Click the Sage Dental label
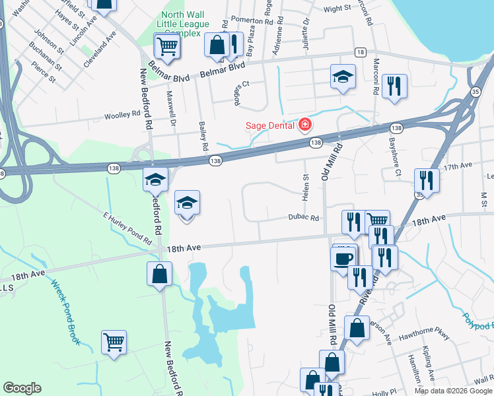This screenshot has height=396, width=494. click(x=270, y=124)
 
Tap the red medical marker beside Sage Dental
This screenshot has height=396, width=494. click(x=304, y=124)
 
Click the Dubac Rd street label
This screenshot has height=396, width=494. click(x=303, y=218)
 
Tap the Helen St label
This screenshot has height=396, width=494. click(x=306, y=187)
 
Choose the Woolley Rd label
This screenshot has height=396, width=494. click(x=122, y=114)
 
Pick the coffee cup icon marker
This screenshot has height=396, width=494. click(x=343, y=257)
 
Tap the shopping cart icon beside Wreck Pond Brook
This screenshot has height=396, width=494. click(x=114, y=342)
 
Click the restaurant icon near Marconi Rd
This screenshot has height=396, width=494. click(x=394, y=86)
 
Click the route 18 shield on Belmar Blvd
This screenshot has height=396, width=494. click(x=360, y=52)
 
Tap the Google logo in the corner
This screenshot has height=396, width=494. click(x=22, y=388)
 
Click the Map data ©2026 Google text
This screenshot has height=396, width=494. click(x=452, y=391)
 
